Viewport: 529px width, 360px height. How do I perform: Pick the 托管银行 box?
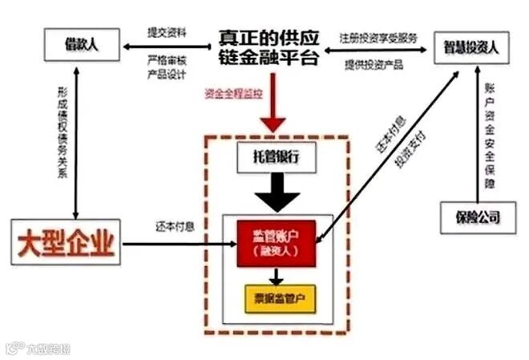pos(277,158)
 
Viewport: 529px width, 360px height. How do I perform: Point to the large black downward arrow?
pos(276,191)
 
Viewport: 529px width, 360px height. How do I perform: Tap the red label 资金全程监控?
pos(232,94)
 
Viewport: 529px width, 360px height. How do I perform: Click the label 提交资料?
pos(167,33)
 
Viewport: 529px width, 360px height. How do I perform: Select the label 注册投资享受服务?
pos(378,37)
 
